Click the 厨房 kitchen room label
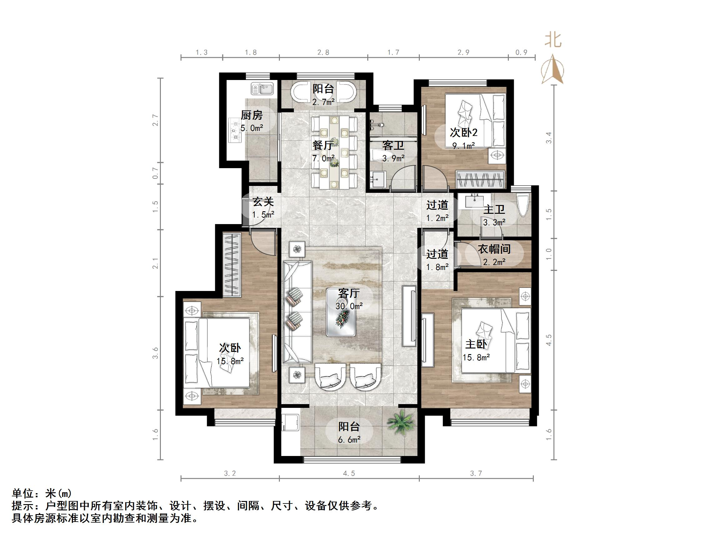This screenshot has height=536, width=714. click(x=252, y=115)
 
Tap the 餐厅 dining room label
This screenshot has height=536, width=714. click(x=322, y=145)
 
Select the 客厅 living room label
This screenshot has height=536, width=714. click(x=349, y=293)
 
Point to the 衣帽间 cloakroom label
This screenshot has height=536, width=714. click(x=494, y=249)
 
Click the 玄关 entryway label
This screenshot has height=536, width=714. click(x=263, y=202)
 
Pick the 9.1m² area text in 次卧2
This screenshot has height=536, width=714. click(x=464, y=146)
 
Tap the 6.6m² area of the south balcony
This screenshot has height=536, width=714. click(x=349, y=440)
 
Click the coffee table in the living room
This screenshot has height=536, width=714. click(x=341, y=312)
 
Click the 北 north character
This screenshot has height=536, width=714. click(x=553, y=40)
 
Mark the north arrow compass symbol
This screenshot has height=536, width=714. click(x=553, y=69)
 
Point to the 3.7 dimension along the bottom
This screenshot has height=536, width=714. click(x=476, y=473)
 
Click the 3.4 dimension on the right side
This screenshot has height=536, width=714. click(x=549, y=138)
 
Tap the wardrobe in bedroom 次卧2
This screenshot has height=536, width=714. click(x=480, y=180)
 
